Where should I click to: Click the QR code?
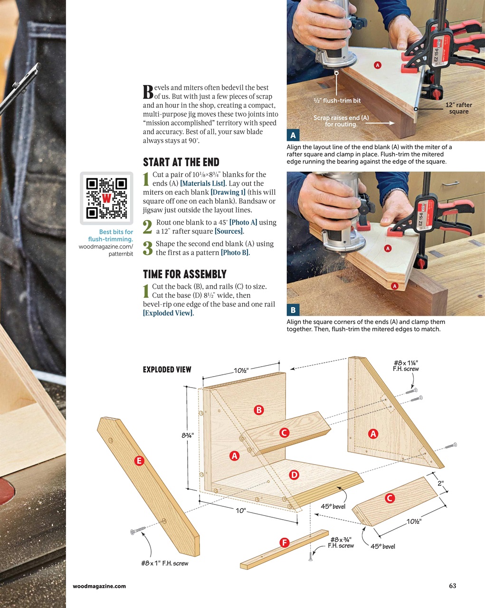106,198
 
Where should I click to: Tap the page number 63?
452,586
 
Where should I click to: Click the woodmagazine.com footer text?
99,586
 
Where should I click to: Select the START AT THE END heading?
181,162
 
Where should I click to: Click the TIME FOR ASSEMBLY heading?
185,274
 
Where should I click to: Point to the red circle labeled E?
139,460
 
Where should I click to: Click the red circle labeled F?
284,542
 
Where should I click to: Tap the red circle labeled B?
259,409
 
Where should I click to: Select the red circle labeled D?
294,475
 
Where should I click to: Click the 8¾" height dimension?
187,435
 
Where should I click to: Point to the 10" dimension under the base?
241,511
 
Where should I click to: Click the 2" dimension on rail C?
441,484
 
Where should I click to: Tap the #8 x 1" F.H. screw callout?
164,563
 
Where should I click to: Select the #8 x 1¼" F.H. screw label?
406,366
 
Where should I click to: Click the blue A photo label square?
293,135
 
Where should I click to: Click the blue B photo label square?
293,310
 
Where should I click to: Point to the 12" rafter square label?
458,108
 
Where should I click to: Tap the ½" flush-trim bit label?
337,101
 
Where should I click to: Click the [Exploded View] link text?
168,313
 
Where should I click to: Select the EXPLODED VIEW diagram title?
167,370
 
